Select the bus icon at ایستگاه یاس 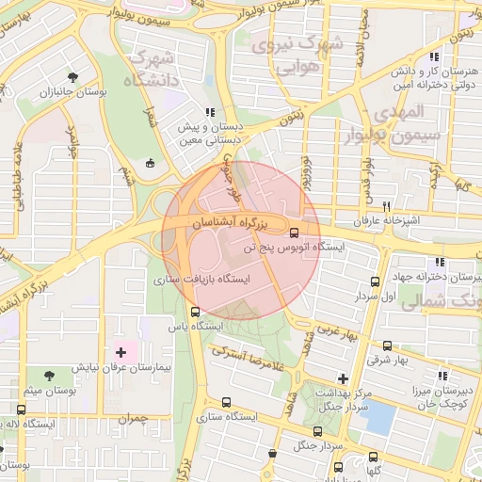click(x=195, y=312)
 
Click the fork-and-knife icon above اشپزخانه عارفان click(x=386, y=206)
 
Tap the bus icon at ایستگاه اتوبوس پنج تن click(x=295, y=233)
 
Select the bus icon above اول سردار click(x=376, y=281)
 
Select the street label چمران click(x=135, y=416)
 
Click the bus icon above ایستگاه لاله click(x=21, y=410)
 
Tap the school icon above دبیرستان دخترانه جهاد click(x=439, y=263)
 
